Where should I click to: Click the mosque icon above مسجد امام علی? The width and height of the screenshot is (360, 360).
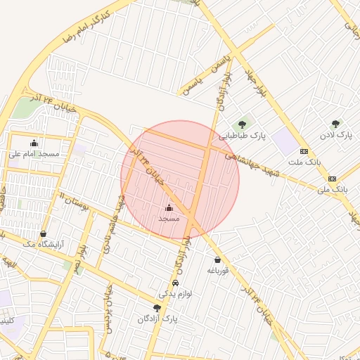tap(34, 143)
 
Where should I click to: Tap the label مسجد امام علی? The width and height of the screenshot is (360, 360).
tap(34, 153)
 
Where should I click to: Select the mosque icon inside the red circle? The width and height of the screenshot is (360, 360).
tap(169, 208)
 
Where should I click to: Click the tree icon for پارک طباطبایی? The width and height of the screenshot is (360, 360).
tap(243, 125)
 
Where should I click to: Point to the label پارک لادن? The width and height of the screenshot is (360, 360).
tap(335, 134)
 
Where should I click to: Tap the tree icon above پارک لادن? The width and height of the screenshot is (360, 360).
tap(335, 124)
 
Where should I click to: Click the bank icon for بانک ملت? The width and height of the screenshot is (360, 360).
tap(304, 151)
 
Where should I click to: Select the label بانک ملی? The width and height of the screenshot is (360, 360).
tap(333, 189)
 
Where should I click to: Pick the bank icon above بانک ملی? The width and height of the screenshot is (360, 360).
tap(332, 179)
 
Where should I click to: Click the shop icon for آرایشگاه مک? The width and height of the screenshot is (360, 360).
tap(44, 234)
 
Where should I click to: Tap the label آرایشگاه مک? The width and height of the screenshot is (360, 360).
tap(44, 244)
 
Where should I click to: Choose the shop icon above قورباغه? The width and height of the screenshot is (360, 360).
tap(217, 260)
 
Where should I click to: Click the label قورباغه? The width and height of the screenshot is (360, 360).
tap(217, 271)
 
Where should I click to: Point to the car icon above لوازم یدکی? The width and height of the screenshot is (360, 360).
tap(175, 283)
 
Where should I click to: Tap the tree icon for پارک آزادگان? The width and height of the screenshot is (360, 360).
tap(157, 308)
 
